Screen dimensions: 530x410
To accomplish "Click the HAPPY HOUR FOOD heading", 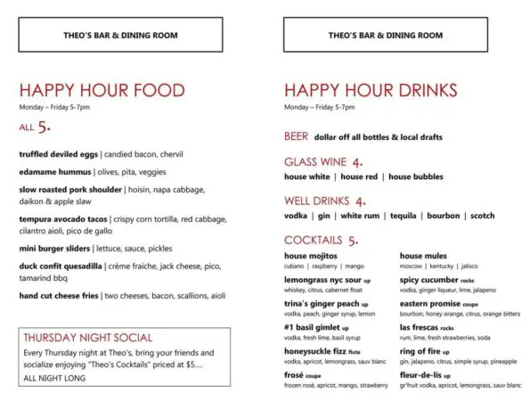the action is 102,90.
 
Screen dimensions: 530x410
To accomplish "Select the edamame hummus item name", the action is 55,171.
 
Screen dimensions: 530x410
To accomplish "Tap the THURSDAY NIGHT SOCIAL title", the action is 87,338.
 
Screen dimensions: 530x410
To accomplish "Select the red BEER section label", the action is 296,137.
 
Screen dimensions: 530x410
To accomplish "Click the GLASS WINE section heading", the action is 315,162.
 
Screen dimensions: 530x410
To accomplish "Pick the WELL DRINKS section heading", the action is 317,201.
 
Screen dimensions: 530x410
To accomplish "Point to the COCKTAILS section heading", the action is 314,240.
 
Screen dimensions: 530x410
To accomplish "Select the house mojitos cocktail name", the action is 311,256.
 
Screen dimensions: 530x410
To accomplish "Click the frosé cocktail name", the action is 295,374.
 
